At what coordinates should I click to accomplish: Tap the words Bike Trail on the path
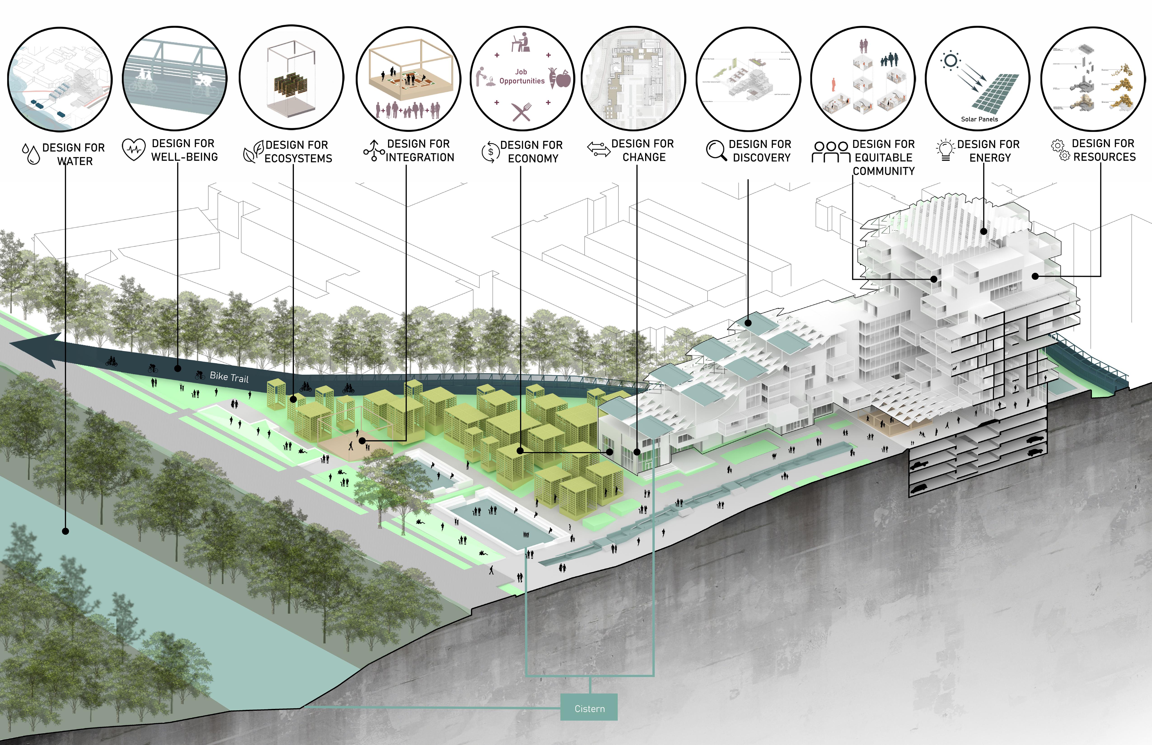tap(229, 377)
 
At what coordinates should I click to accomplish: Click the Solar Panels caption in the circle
tap(979, 119)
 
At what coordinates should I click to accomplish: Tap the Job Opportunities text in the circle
tap(521, 77)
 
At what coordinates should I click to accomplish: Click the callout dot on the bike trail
tap(178, 368)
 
